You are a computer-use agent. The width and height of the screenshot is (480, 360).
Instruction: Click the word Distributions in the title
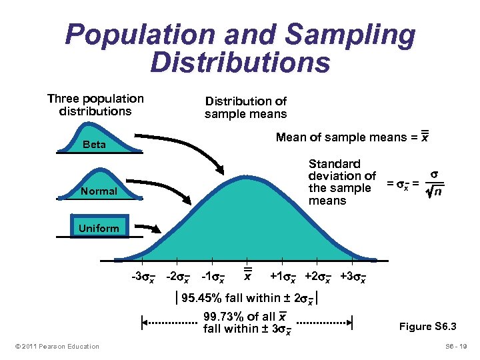240,62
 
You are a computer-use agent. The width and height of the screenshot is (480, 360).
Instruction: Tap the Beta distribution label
94,144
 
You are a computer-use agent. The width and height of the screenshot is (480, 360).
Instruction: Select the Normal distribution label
98,191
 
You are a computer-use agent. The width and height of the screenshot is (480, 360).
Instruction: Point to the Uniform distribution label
98,228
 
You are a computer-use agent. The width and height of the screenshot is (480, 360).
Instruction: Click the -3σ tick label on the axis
143,277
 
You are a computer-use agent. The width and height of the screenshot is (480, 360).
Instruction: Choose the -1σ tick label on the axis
213,277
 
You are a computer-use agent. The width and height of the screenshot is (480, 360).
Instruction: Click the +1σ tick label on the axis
283,277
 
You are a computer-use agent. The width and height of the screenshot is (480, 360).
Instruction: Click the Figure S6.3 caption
427,327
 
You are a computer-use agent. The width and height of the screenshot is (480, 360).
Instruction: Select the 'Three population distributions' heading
95,105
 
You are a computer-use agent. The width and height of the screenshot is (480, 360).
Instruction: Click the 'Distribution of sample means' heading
245,107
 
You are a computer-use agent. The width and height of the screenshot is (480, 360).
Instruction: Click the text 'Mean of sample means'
342,137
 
